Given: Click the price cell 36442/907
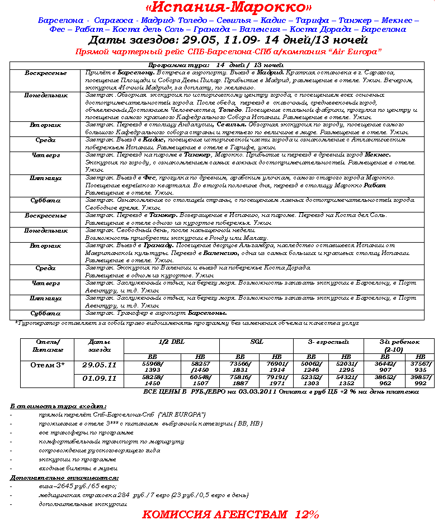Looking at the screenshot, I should click(x=385, y=366).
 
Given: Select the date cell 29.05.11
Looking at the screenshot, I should click(x=99, y=365).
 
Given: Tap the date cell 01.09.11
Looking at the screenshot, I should click(x=99, y=379).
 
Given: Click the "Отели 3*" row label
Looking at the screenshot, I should click(x=47, y=365).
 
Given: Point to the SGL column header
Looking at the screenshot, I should click(x=256, y=341).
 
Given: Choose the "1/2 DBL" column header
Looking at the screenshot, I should click(x=171, y=341).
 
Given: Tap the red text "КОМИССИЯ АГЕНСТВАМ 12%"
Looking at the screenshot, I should click(x=230, y=514).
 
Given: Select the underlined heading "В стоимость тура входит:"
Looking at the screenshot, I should click(x=58, y=406).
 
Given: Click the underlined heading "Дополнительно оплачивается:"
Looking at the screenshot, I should click(x=64, y=478).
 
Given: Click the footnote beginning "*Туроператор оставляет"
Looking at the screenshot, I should click(x=186, y=323).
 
